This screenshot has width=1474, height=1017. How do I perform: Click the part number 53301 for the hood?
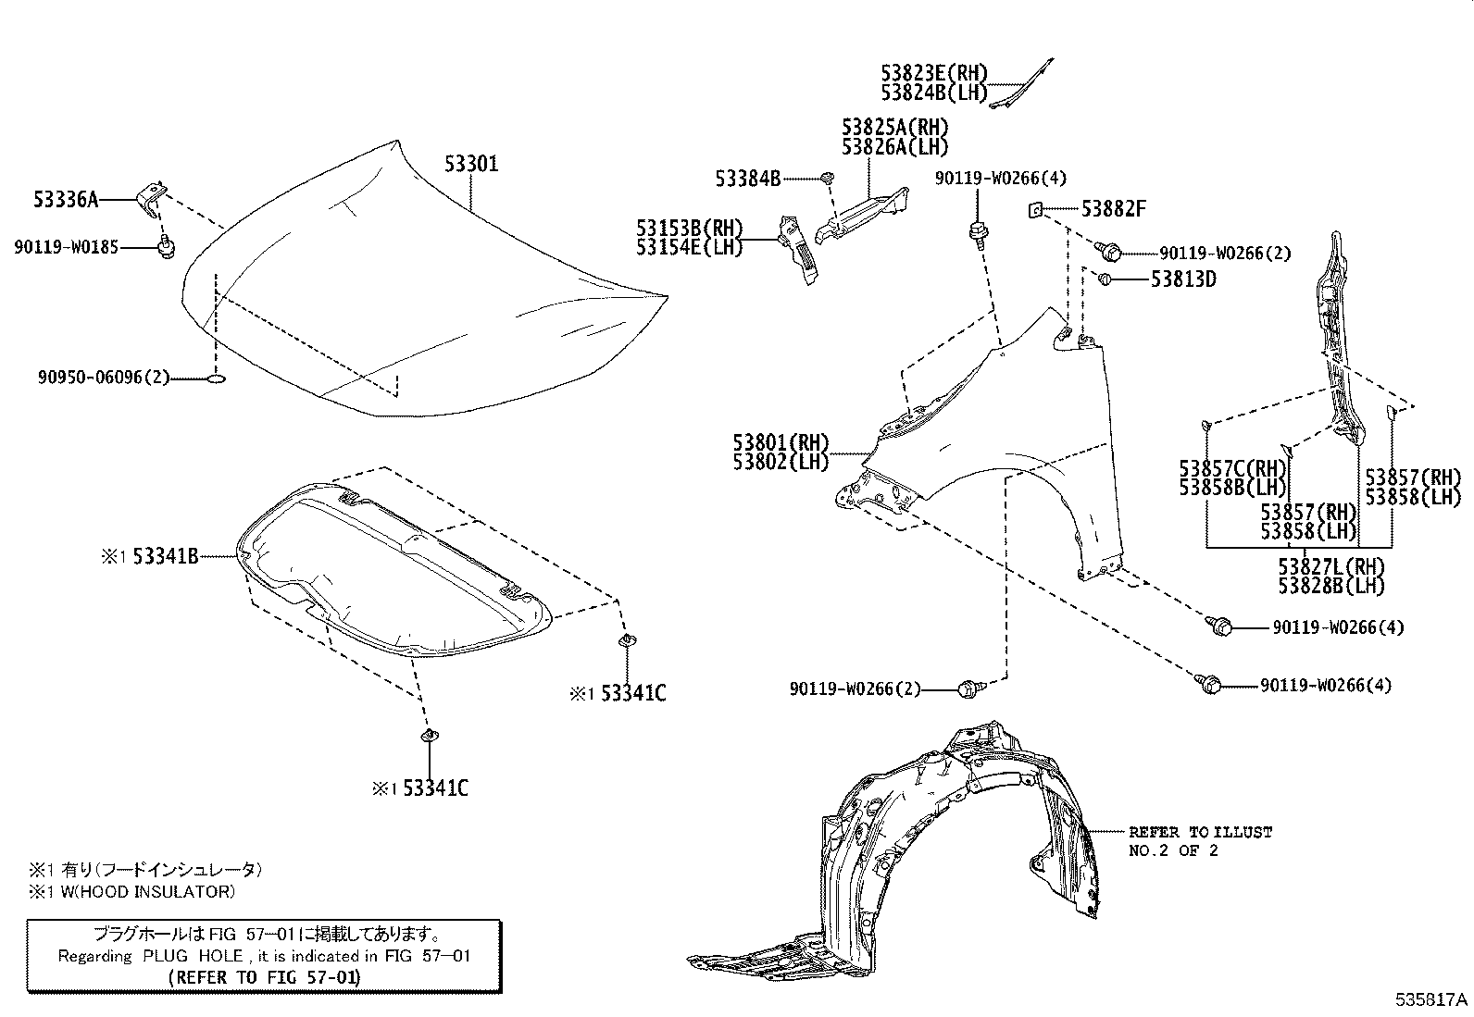[471, 165]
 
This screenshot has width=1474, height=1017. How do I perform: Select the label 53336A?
[66, 198]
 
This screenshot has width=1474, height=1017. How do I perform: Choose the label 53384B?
[747, 178]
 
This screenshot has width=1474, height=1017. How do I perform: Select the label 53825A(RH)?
[895, 127]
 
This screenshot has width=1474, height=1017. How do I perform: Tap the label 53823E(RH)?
[934, 73]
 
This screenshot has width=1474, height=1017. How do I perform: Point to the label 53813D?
[1183, 279]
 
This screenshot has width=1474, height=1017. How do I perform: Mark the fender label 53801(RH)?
[781, 442]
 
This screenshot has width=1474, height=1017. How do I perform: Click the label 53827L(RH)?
[1331, 566]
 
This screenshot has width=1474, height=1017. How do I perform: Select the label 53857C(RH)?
[1233, 468]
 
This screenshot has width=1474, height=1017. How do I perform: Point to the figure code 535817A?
[1431, 999]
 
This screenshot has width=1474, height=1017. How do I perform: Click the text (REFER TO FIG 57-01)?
[265, 977]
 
